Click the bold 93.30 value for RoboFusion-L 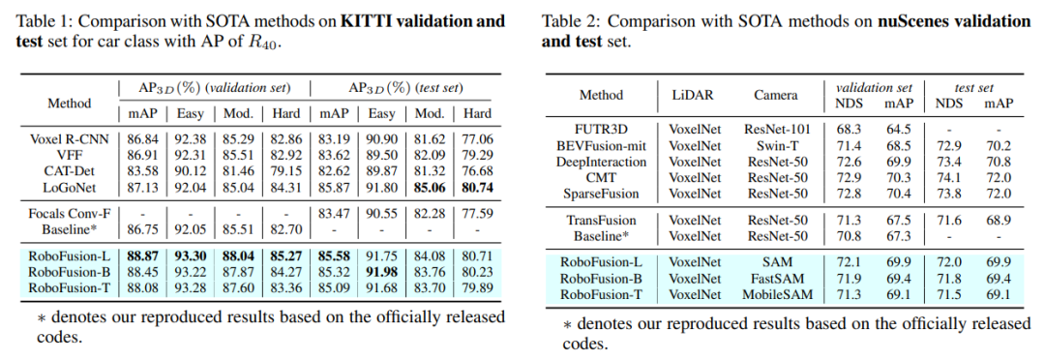[191, 256]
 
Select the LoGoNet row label [70, 188]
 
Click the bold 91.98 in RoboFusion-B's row [382, 273]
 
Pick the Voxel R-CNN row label [70, 140]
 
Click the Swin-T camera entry [776, 146]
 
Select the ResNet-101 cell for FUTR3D [776, 130]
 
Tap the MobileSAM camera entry [776, 294]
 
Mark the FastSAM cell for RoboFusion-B [776, 279]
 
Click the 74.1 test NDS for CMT [948, 178]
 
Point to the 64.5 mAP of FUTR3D [898, 130]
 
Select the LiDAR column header [693, 96]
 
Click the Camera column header [776, 96]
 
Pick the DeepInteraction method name [601, 162]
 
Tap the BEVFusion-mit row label [601, 146]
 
